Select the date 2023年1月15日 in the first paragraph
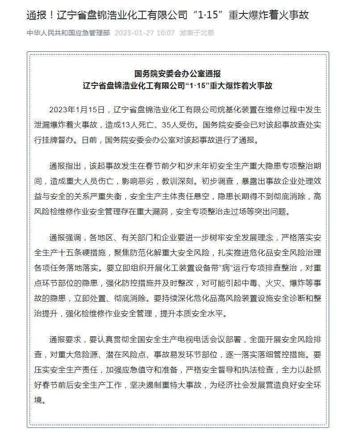(x=76, y=109)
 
